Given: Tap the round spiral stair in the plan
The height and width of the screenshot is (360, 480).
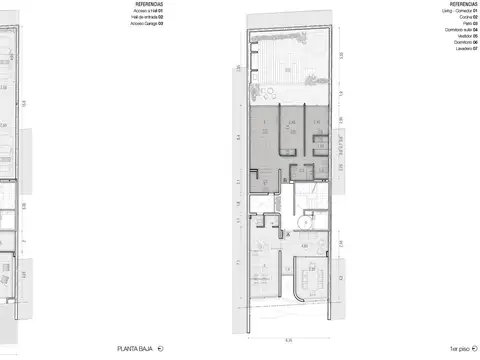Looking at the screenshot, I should (305, 218).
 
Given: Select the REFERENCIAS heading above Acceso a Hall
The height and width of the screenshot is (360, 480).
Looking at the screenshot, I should (150, 4).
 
